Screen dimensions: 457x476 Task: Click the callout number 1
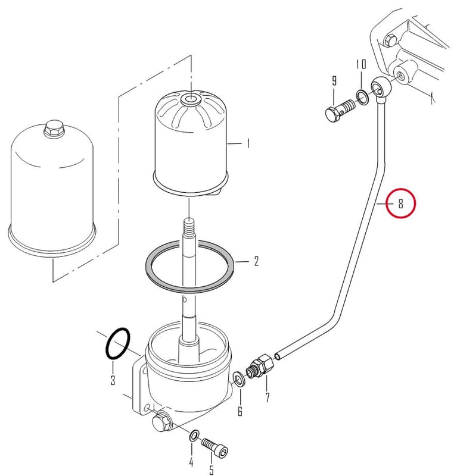pos(248,143)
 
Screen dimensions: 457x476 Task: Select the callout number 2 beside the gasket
pos(256,261)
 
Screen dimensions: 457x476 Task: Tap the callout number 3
pos(113,380)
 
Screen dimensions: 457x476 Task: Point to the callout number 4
pos(191,462)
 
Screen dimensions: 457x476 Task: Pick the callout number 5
pos(212,469)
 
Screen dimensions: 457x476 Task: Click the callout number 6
pos(240,411)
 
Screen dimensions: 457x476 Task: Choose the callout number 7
pos(268,397)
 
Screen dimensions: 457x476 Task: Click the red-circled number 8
pos(401,203)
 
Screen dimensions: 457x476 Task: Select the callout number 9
pos(334,81)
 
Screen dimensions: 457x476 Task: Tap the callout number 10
pos(361,64)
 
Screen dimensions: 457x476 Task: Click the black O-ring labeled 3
pos(117,344)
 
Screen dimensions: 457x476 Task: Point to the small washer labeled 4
pos(194,436)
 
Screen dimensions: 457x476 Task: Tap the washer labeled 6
pos(240,379)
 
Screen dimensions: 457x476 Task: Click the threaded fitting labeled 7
pos(260,366)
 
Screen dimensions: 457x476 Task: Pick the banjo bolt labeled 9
pos(340,111)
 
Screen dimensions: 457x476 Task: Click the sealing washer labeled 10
pos(362,97)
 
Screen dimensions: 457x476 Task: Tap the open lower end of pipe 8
pos(277,356)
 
